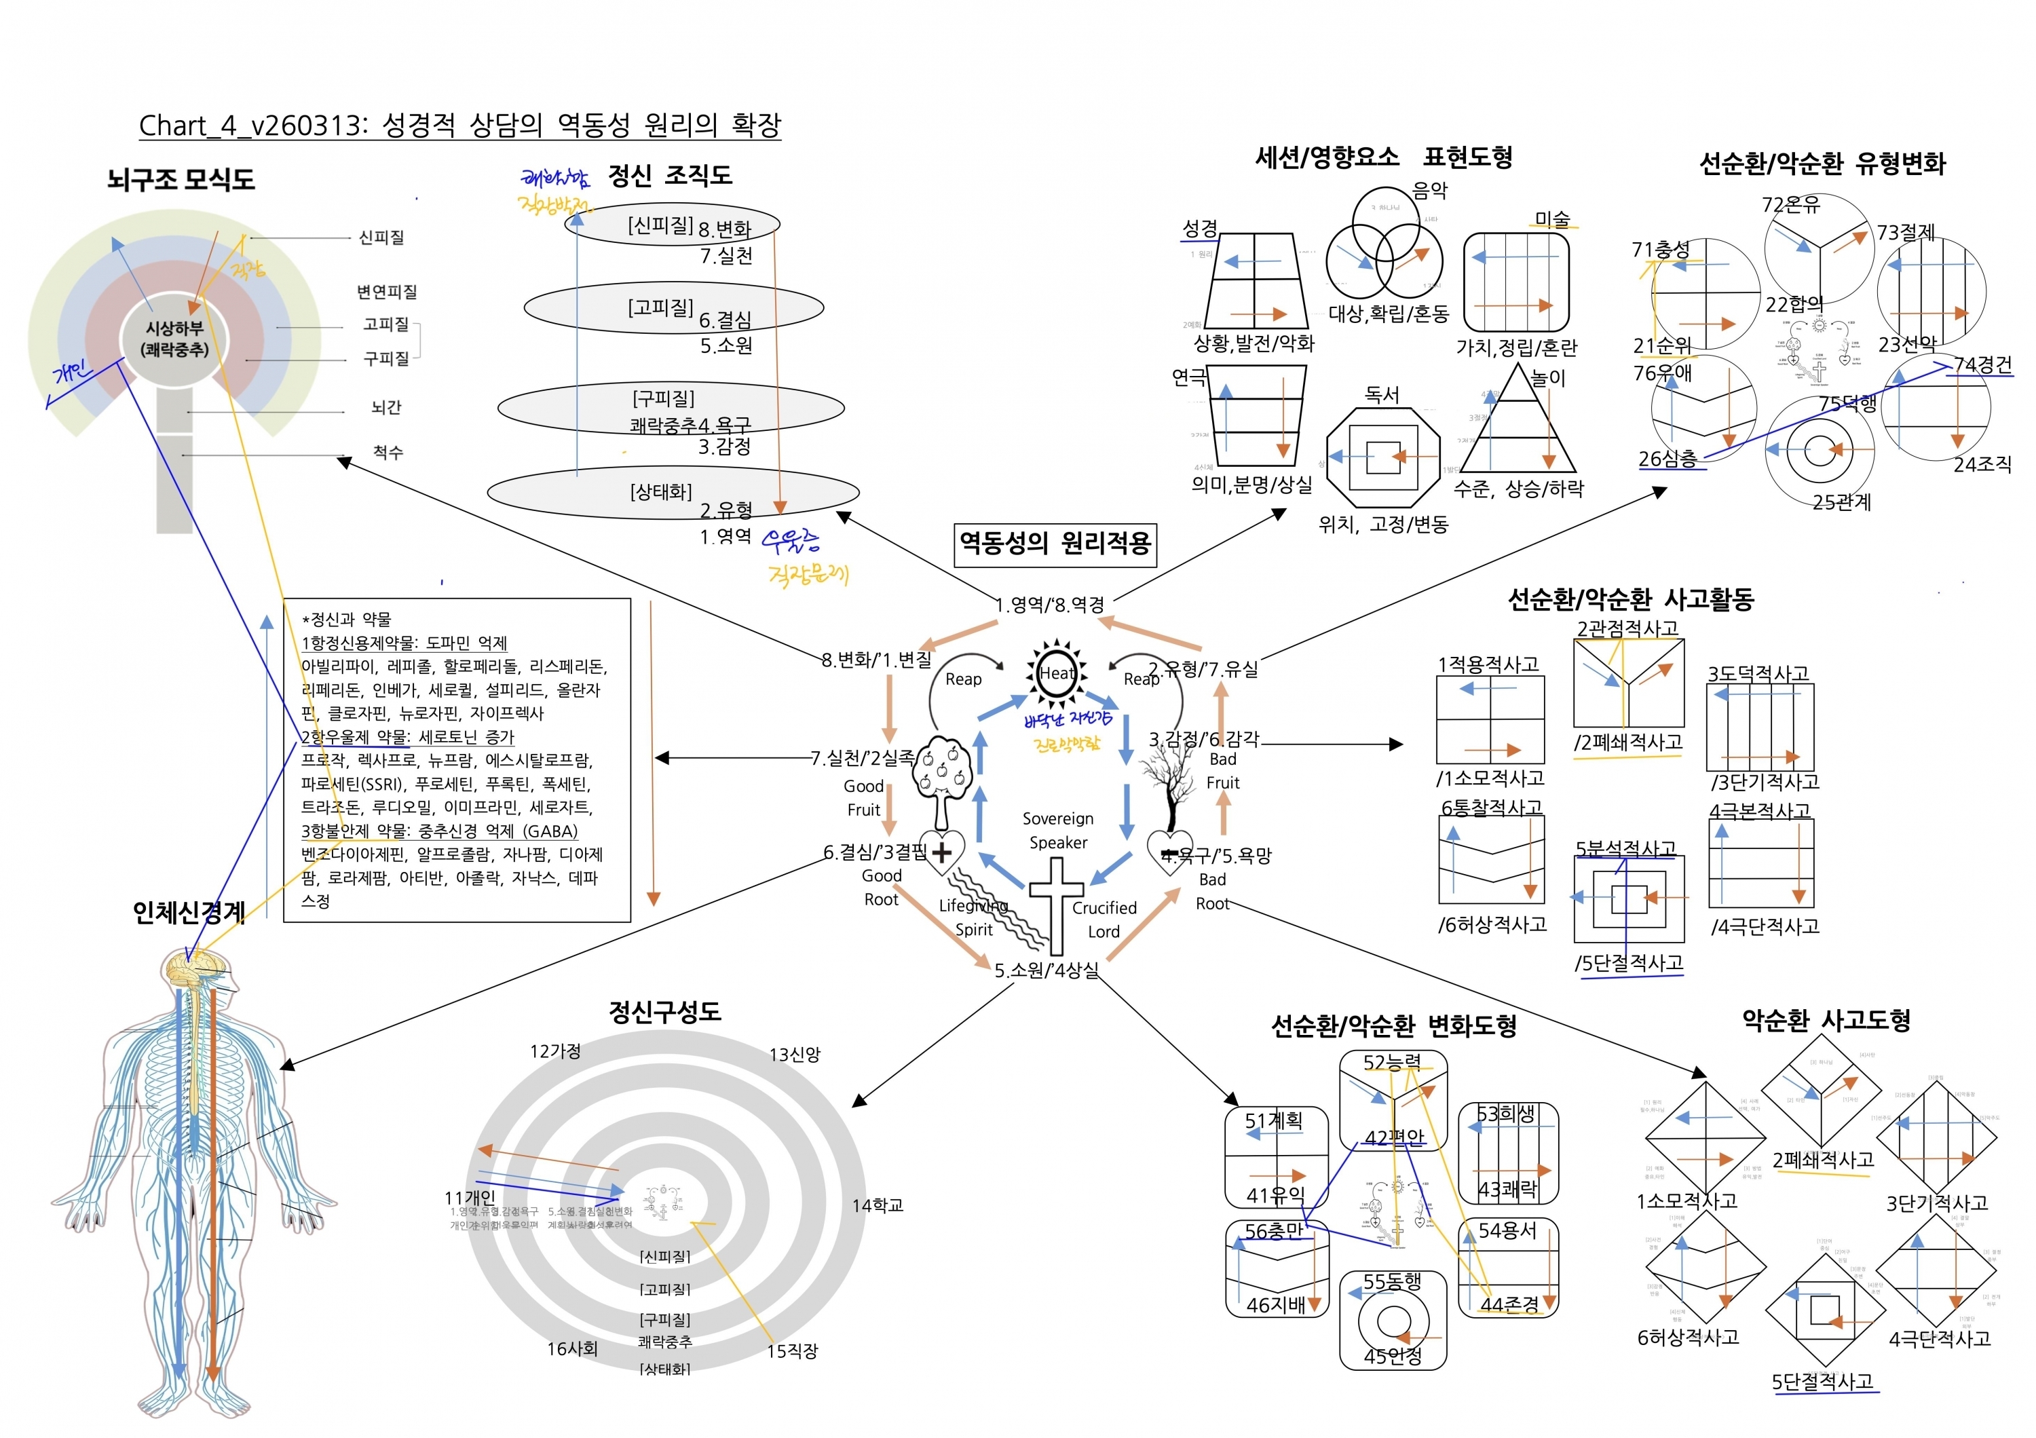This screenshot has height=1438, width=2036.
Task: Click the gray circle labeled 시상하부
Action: (174, 339)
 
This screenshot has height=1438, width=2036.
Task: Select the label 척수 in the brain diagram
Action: (388, 452)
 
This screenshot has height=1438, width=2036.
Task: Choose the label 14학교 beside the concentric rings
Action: (877, 1206)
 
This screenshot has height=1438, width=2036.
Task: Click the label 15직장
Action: (792, 1351)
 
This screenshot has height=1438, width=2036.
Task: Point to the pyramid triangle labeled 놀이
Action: (1517, 425)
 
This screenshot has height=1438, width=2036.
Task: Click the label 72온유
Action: (1790, 205)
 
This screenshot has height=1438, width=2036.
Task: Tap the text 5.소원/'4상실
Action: (1047, 970)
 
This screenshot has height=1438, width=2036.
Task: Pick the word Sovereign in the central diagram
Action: (1058, 818)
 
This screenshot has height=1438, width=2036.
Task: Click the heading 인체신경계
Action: (189, 912)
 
